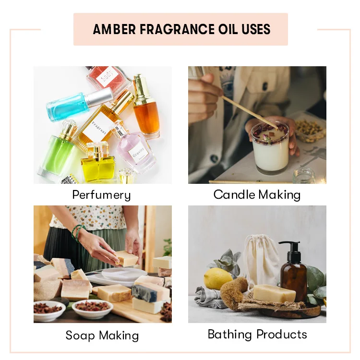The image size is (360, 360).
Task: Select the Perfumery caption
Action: pos(101,195)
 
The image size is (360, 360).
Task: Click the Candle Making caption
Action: pos(257,195)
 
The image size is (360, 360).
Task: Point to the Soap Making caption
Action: pos(102,335)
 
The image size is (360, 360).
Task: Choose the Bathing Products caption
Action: pos(257,334)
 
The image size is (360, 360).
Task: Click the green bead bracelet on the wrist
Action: pos(77,232)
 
